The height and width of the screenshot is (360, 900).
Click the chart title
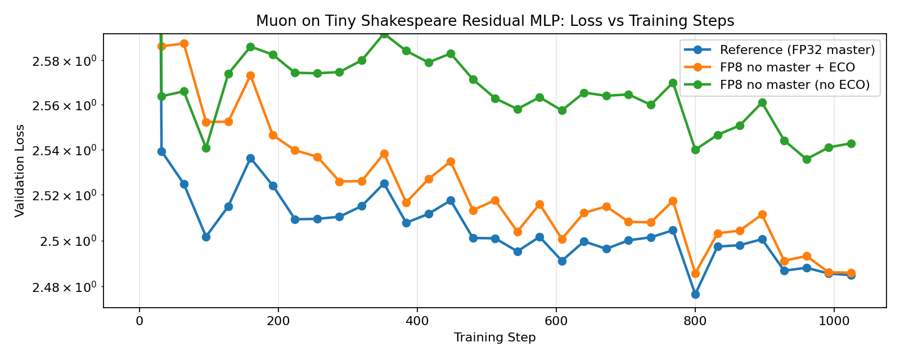(495, 21)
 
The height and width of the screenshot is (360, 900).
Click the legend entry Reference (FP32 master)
(797, 50)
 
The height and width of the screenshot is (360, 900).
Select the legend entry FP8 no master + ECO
(787, 67)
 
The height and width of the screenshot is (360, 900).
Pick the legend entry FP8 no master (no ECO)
(795, 85)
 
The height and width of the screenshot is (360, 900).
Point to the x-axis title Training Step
(494, 337)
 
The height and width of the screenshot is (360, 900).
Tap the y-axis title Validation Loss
(20, 170)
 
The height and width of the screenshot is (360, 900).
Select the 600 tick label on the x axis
(556, 321)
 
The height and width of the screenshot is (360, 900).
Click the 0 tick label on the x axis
(139, 321)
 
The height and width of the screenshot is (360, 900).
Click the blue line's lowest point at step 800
(695, 294)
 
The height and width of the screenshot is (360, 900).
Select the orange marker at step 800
(695, 273)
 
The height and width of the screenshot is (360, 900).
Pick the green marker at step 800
(695, 150)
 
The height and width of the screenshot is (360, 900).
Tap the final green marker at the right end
(851, 143)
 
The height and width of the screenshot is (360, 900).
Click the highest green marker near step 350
(384, 34)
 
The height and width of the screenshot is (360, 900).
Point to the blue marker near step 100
(206, 237)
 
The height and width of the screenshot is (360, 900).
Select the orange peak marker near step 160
(250, 75)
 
